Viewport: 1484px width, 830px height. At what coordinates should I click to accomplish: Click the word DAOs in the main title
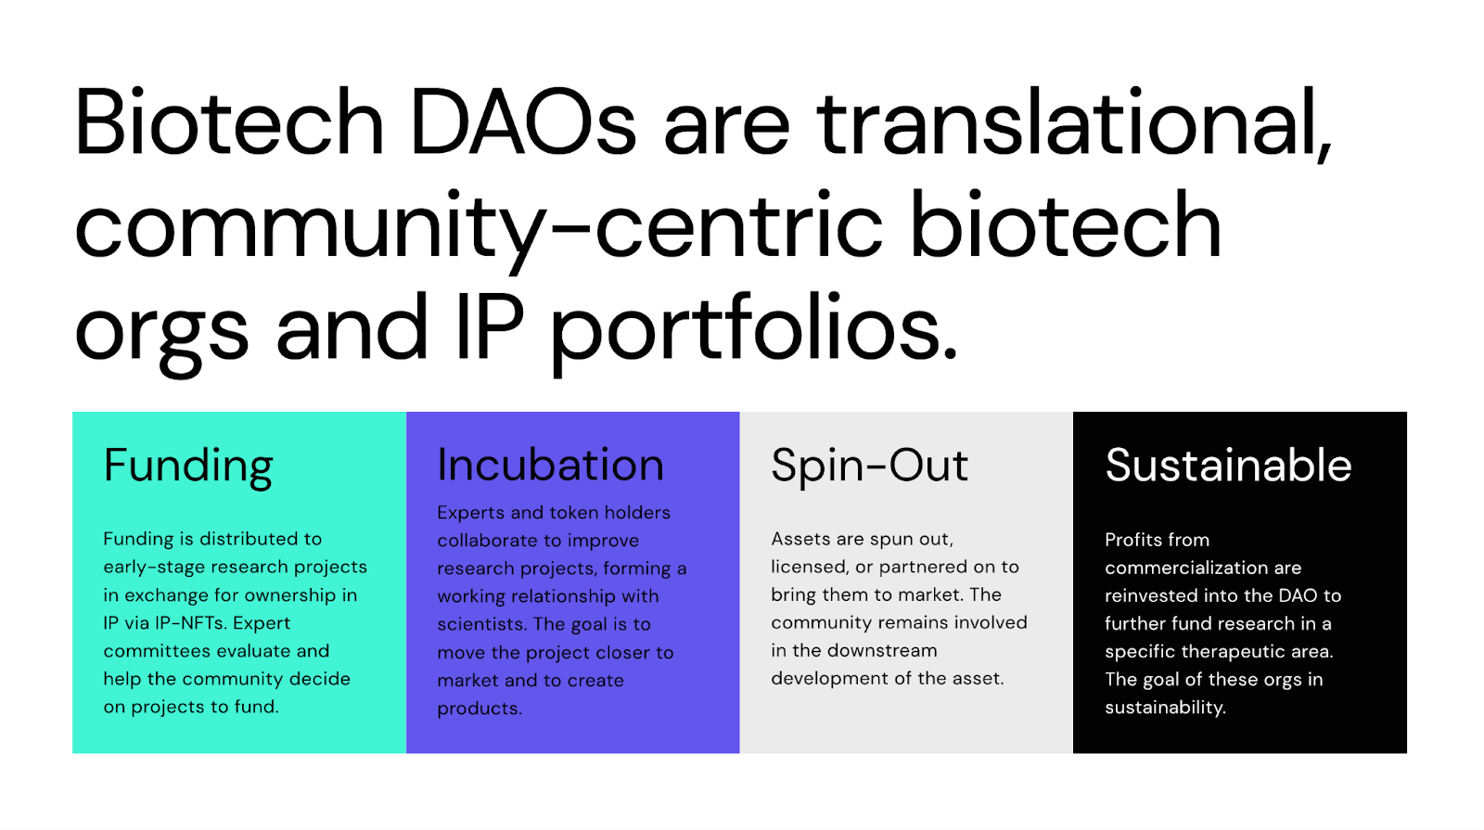click(x=522, y=123)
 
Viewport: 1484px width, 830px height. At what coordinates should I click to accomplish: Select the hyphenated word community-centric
click(x=479, y=227)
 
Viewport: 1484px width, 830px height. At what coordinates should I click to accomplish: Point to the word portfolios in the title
click(x=753, y=329)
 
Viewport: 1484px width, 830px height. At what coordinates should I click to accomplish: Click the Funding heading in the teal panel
click(x=188, y=466)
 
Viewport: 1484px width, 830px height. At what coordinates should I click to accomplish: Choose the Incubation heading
click(x=550, y=465)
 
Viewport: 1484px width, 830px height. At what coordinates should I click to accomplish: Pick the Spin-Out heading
click(x=869, y=466)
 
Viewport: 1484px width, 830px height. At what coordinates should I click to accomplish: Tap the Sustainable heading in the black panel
click(x=1228, y=465)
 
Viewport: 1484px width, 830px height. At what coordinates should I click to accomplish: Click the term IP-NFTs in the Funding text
click(x=190, y=623)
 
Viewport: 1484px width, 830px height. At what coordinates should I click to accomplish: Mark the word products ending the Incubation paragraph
click(x=480, y=709)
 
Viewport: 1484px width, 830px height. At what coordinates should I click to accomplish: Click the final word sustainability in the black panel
click(x=1165, y=708)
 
